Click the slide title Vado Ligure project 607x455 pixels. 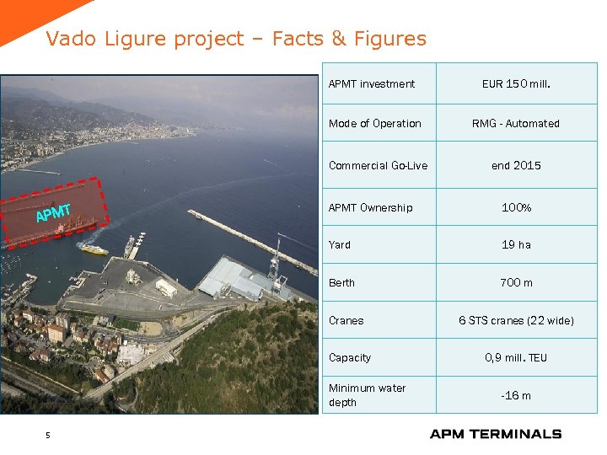click(x=236, y=39)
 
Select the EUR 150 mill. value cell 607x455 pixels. click(x=515, y=83)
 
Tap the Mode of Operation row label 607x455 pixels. click(x=374, y=123)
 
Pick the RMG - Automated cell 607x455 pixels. click(x=515, y=123)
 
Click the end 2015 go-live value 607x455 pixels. click(x=515, y=165)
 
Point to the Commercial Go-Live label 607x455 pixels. click(x=378, y=165)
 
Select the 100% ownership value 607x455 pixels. click(x=515, y=207)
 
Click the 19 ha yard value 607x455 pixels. click(x=515, y=244)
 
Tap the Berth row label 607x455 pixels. click(x=341, y=283)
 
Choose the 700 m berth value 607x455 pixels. click(x=515, y=283)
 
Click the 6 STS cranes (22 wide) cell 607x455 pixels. click(x=515, y=320)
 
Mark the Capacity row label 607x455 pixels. click(x=349, y=357)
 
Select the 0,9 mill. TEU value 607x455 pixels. click(x=515, y=357)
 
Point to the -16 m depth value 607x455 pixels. click(x=515, y=395)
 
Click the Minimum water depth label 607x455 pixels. click(x=367, y=395)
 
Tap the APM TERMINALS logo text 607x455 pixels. click(x=495, y=434)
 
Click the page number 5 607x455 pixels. click(x=48, y=435)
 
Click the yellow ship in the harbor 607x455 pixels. click(x=94, y=249)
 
